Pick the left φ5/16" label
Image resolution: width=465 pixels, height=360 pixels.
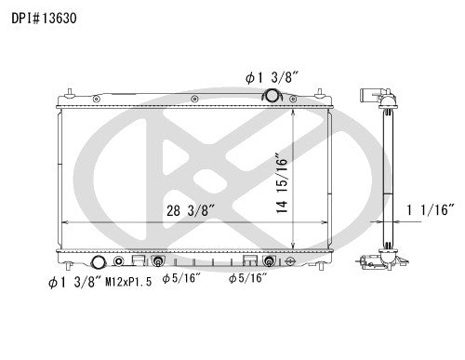coord(178,277)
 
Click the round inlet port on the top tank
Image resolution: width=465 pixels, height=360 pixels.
coord(272,96)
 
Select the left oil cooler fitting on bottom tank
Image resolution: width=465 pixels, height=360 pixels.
coord(157,260)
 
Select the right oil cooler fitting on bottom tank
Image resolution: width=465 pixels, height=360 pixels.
coord(270,260)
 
